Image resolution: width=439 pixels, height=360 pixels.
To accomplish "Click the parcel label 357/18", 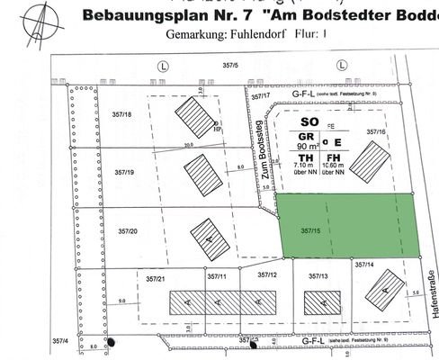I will point(121,114).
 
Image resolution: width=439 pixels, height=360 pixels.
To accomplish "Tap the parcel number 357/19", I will point(125,171).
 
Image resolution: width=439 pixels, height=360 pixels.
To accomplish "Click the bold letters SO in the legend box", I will point(310,121).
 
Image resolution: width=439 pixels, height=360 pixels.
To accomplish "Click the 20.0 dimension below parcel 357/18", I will point(189,144).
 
